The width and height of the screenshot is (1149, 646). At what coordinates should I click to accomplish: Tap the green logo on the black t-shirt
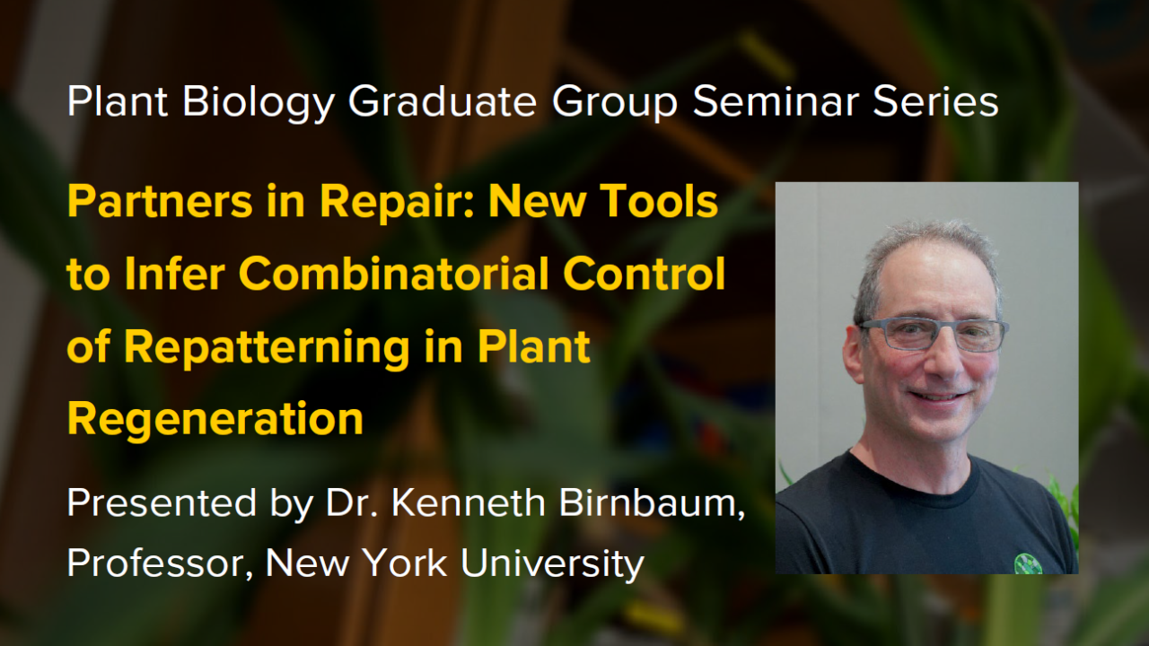coord(1028,563)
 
